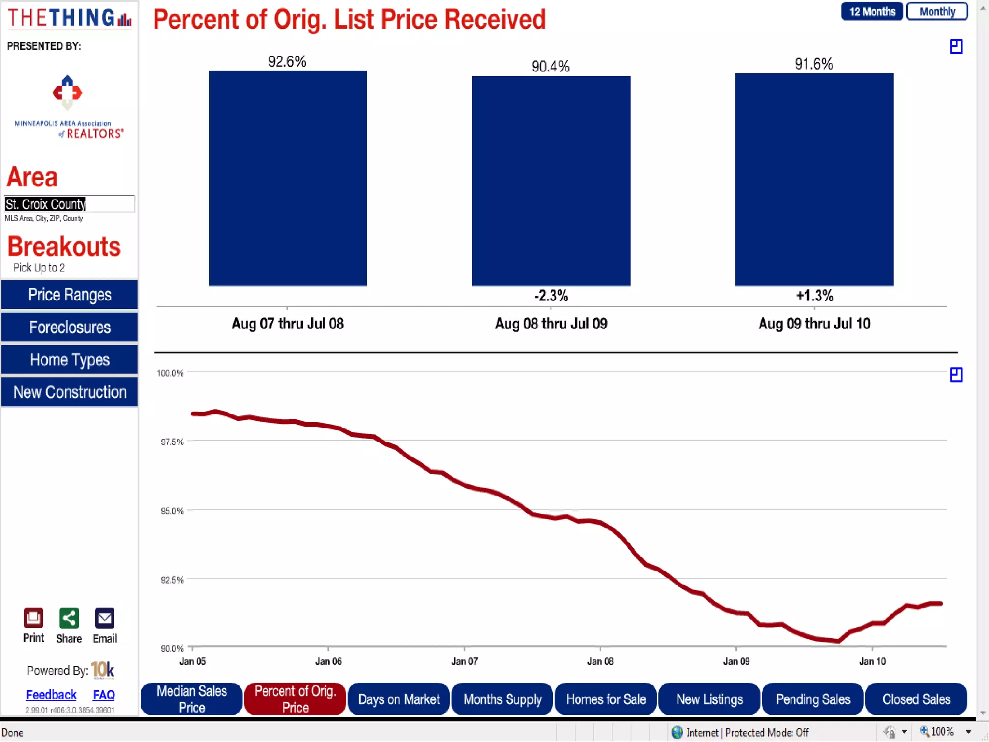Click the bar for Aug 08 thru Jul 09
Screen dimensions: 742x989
(551, 181)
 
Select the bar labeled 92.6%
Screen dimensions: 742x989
(287, 178)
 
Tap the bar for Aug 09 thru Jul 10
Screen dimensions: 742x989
(814, 179)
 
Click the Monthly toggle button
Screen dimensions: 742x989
(937, 12)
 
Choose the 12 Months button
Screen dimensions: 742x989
(872, 12)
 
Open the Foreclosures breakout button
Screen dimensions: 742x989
(70, 327)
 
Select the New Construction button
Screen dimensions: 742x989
(70, 392)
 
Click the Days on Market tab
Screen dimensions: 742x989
(399, 699)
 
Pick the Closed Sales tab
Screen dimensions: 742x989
(916, 699)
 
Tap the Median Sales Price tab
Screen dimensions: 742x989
(192, 699)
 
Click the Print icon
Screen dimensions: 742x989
(33, 618)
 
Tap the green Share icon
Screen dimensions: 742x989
(69, 618)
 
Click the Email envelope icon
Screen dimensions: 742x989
(104, 618)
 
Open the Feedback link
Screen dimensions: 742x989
(51, 695)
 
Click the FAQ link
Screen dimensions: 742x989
(104, 695)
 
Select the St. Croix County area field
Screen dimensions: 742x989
(70, 203)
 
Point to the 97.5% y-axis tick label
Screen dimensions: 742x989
(172, 442)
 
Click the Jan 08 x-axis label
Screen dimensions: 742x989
(600, 661)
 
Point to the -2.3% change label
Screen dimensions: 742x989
(551, 296)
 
